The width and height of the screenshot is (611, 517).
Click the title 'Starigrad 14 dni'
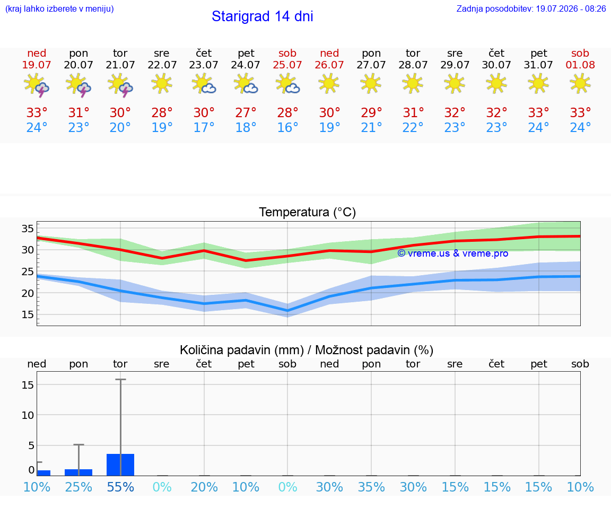[262, 16]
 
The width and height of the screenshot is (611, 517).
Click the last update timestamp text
[531, 8]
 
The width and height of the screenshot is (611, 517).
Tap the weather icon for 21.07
[120, 85]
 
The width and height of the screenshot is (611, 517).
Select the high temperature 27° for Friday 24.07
[246, 112]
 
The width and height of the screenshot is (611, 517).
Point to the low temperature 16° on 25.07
[287, 127]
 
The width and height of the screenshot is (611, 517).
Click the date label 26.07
[329, 65]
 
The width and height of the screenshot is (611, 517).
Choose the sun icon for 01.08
[580, 83]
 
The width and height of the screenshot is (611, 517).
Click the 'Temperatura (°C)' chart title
[308, 212]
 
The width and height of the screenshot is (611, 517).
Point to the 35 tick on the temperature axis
[28, 229]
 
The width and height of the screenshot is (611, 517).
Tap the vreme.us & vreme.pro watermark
[453, 253]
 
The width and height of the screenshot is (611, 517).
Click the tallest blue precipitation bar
[120, 465]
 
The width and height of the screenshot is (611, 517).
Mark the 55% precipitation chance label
[120, 487]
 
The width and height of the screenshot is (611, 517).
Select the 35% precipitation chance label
[371, 487]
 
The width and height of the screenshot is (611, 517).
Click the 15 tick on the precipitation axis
[28, 385]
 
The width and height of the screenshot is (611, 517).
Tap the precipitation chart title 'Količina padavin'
[242, 350]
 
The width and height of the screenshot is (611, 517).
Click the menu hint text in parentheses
[59, 8]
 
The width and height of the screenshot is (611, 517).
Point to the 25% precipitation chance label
[78, 487]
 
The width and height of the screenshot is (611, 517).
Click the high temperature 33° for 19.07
[37, 112]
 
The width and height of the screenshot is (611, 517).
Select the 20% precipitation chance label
[204, 487]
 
